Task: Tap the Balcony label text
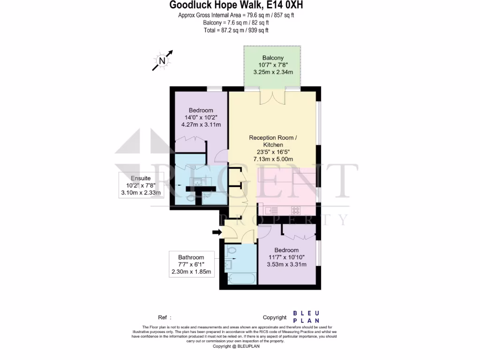273,58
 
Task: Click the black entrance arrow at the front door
217,232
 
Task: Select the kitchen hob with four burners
296,210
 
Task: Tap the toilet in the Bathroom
231,251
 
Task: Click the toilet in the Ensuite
191,199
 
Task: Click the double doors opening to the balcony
272,97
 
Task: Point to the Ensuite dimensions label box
141,185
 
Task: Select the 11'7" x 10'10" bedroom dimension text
286,257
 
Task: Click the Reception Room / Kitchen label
272,141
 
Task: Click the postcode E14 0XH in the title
287,6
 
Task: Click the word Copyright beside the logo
274,317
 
